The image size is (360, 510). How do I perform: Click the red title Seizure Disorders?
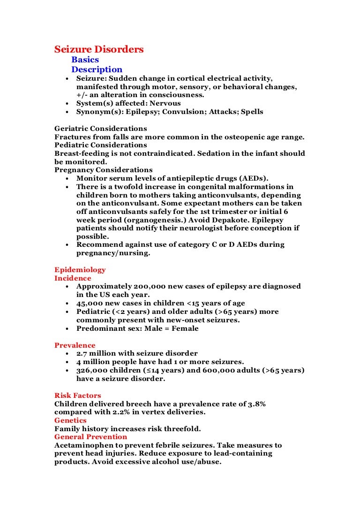coord(99,49)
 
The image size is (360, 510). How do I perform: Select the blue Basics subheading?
coord(85,60)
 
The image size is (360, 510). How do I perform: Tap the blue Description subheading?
coord(97,69)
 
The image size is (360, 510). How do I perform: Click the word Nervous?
coord(165,103)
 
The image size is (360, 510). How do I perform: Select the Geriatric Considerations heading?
coord(100,129)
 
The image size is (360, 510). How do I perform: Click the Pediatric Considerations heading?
coord(100,145)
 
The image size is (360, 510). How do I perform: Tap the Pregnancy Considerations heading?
coord(103,170)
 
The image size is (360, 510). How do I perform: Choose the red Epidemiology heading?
coord(80,270)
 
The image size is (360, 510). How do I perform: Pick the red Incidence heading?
coord(73,278)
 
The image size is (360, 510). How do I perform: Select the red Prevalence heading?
coord(75,345)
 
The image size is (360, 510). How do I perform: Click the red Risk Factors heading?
coord(78,396)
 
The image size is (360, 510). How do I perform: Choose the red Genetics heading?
coord(70,420)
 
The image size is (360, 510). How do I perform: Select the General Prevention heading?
coord(90,437)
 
